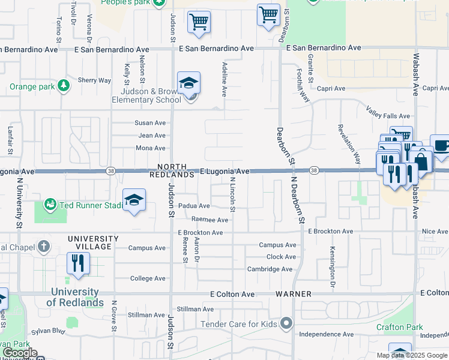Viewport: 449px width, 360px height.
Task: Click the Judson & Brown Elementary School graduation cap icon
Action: [188, 83]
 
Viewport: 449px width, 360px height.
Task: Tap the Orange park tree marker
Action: [64, 86]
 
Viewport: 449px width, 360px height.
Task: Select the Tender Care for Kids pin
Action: [286, 324]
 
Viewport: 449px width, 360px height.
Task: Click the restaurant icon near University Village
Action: [78, 263]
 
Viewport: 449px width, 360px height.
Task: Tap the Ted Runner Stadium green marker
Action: [50, 205]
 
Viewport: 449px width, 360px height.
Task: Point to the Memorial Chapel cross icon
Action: [43, 247]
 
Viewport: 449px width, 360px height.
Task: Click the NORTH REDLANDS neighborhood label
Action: [175, 170]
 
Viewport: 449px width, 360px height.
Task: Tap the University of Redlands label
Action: [74, 297]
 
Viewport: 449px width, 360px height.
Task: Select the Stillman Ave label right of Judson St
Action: [196, 310]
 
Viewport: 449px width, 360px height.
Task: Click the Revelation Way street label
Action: [349, 143]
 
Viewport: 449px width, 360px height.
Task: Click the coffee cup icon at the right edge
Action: [441, 146]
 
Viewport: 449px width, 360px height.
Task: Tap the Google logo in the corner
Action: [20, 353]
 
